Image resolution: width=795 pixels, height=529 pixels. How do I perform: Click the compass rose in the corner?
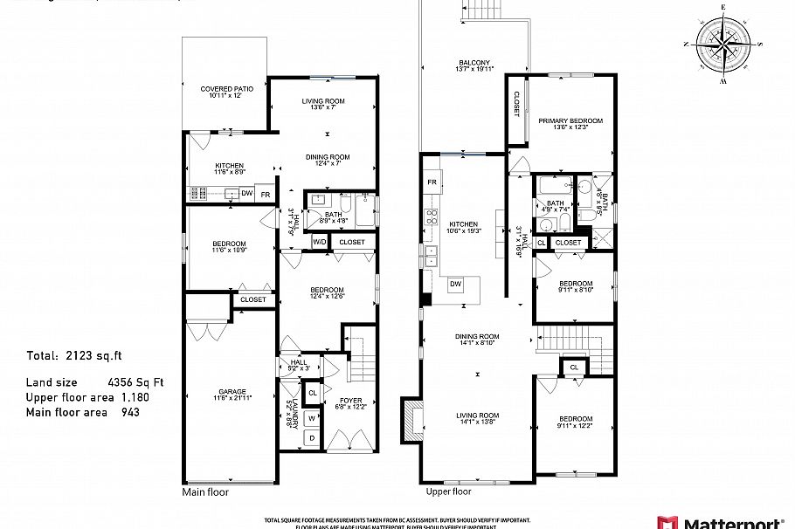[723, 44]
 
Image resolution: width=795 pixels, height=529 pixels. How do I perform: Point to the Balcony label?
[475, 65]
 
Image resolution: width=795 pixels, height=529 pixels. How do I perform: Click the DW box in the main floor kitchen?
[247, 194]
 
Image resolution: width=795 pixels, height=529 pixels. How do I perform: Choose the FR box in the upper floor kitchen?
[432, 182]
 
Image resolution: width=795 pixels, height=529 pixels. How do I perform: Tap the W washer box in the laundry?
[311, 417]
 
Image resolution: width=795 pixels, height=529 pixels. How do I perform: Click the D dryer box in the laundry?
[311, 437]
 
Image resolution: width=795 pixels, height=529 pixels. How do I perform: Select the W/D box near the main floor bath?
[320, 242]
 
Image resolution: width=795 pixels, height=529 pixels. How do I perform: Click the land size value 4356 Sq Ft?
[135, 382]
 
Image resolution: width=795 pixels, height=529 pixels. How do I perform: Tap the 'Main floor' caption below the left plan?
[204, 492]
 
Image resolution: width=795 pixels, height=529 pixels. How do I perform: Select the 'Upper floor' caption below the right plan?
[448, 491]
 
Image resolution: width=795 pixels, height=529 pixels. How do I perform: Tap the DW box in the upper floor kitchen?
[455, 284]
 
